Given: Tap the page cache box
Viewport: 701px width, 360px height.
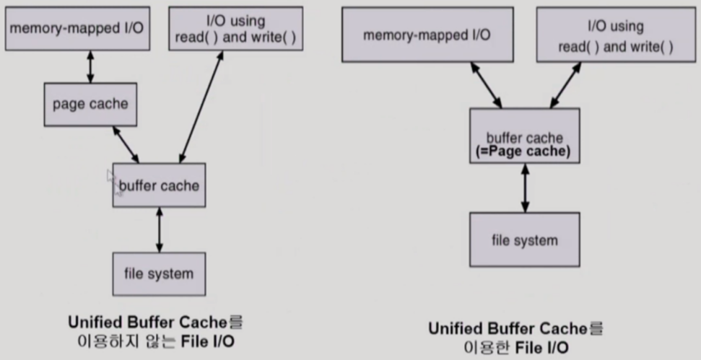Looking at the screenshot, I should pos(90,104).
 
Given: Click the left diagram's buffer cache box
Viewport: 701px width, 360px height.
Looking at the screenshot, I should pos(159,185).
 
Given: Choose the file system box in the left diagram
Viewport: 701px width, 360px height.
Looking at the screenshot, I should pos(159,273).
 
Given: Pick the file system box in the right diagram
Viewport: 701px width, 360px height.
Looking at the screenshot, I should pos(524,240).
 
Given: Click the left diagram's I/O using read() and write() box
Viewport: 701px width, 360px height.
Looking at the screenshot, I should pos(235,29).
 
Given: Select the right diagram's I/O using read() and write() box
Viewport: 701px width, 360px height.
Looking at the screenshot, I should pos(615,36).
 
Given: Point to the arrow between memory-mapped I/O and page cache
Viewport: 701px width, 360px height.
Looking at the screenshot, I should pos(90,66).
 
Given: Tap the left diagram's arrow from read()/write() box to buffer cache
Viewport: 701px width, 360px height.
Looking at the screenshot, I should pos(199,108).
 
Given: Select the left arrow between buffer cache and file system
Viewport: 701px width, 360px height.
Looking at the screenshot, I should pos(159,229).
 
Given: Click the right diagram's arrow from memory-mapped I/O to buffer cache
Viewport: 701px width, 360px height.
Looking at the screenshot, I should pos(487,84).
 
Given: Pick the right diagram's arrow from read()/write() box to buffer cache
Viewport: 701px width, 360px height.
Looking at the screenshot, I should pos(565,84).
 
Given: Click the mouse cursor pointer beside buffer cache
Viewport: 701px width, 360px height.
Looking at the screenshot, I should pos(113,180).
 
